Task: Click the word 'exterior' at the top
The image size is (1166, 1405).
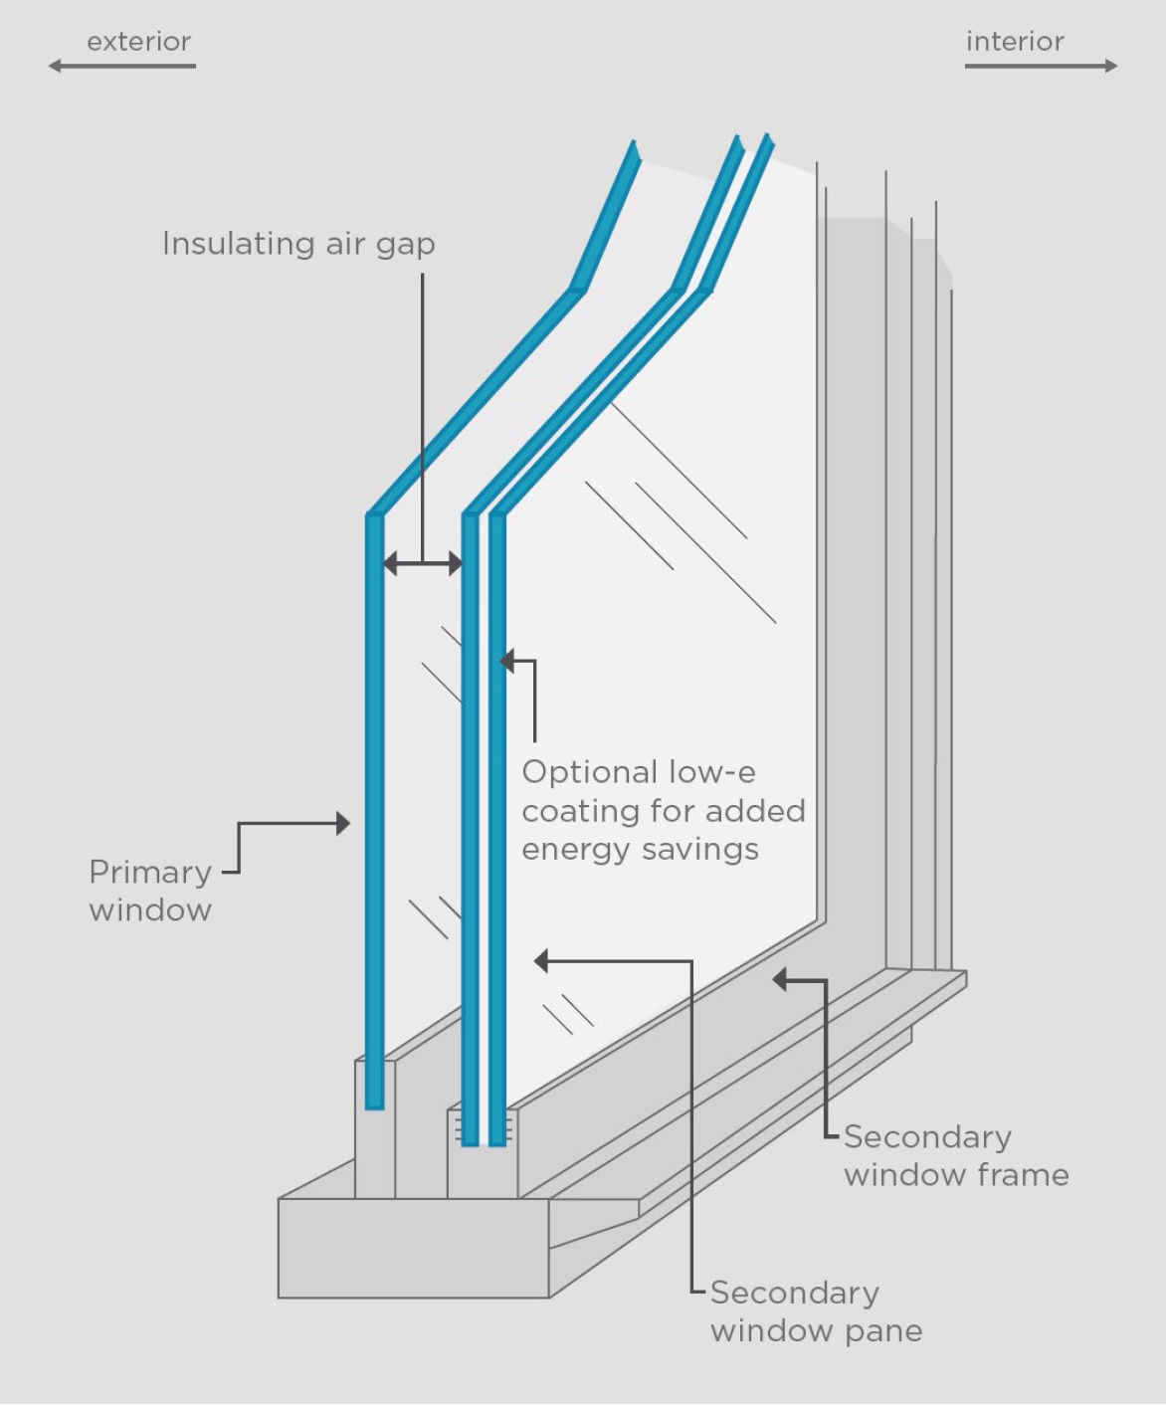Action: coord(138,42)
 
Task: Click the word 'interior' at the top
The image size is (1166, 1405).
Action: coord(1015,42)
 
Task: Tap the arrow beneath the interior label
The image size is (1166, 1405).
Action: coord(1041,67)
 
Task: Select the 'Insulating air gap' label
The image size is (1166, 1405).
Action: coord(298,244)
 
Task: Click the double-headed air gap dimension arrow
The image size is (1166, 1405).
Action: coord(423,564)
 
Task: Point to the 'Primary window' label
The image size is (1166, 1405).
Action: coord(150,891)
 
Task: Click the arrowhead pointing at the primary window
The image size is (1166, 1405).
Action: coord(343,823)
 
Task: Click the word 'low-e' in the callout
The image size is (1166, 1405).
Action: coord(711,772)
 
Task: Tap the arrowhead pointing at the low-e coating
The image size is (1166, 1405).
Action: coord(507,661)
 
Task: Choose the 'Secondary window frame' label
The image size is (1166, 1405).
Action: coord(956,1156)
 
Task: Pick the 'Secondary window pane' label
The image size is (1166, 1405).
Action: coord(816,1311)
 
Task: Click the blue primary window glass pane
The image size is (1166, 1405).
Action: coord(375,796)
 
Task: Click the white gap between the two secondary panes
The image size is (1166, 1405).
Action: coord(484,796)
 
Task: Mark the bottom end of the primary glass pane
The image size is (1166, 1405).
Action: coord(374,1103)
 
